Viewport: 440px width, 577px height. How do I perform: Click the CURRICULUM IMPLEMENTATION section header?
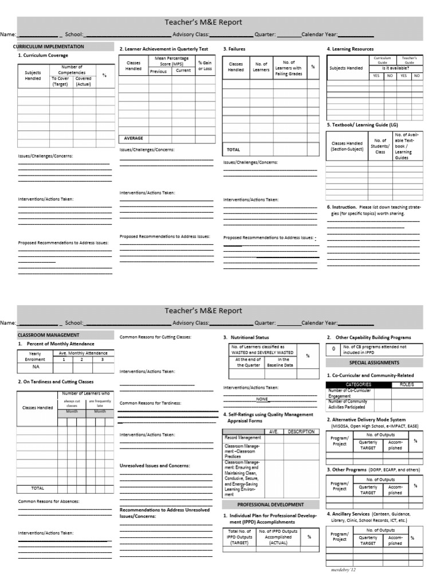pos(49,46)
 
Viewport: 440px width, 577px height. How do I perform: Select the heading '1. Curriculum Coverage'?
pos(43,56)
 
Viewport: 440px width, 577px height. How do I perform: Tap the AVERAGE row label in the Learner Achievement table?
pos(133,138)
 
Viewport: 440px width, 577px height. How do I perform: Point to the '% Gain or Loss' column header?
pos(205,65)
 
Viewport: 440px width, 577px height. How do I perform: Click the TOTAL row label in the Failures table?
pos(234,149)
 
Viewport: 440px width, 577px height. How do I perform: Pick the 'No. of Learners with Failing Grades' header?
pos(289,68)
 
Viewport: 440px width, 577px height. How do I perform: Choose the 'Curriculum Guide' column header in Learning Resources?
pos(382,60)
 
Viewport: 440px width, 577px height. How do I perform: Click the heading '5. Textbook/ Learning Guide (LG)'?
pos(362,124)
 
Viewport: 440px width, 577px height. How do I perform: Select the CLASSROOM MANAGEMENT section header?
pos(48,335)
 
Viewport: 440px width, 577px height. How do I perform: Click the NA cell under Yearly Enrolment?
pos(36,367)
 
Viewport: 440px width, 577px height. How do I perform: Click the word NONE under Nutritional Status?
pos(262,399)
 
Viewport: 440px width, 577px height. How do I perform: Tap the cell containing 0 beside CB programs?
pos(333,349)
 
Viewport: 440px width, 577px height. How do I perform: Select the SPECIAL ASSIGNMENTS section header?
pos(374,362)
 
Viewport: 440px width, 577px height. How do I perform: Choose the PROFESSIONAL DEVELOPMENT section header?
pos(270,505)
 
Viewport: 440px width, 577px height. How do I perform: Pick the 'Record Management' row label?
pos(243,438)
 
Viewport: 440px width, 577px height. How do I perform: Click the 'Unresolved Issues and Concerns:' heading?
pos(155,466)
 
